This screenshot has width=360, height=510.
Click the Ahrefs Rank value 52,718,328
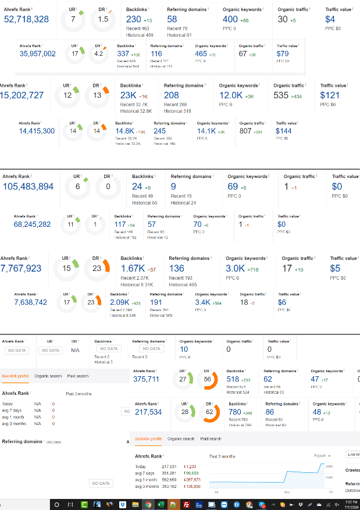tap(27, 20)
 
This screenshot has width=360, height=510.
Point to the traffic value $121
tap(330, 95)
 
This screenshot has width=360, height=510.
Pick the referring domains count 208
tap(172, 95)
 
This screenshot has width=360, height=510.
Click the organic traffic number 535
tap(281, 95)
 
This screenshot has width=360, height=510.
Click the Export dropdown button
tap(322, 456)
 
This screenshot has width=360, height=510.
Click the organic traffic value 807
tap(246, 131)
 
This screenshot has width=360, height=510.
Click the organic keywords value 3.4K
tap(202, 303)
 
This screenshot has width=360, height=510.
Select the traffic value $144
tap(284, 131)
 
